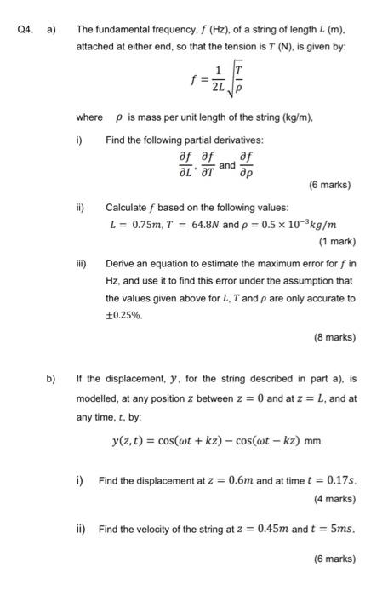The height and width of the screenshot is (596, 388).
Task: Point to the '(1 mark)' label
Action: [335, 240]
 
